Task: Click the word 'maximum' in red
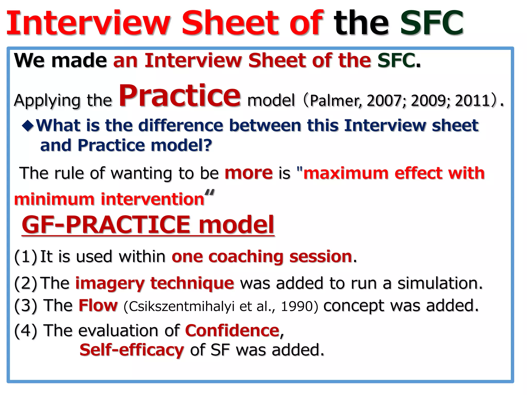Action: click(x=346, y=173)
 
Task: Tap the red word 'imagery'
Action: click(x=110, y=283)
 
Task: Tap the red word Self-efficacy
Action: click(x=132, y=350)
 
